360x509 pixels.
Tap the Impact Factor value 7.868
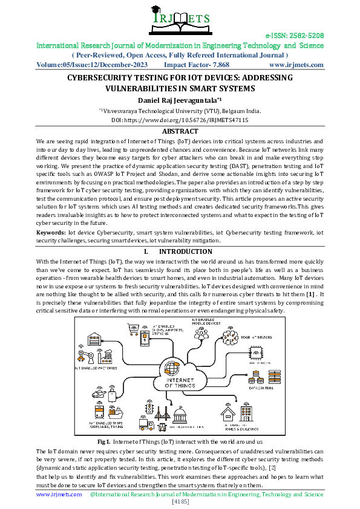click(218, 64)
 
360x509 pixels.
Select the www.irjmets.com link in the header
click(295, 64)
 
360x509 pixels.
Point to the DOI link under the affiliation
click(180, 120)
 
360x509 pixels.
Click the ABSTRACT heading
click(180, 131)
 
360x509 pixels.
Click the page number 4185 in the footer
click(180, 502)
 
